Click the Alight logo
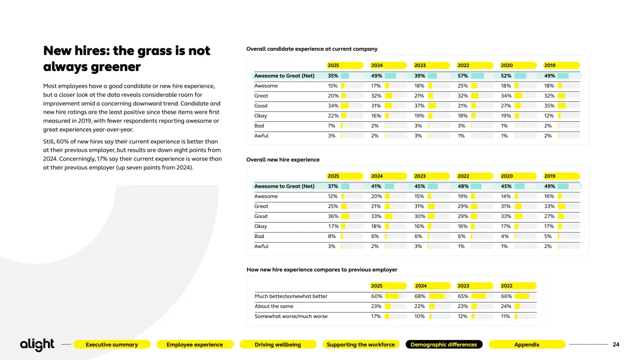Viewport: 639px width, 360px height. click(37, 345)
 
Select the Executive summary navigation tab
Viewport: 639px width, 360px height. click(111, 345)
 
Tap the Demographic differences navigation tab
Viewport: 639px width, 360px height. click(444, 345)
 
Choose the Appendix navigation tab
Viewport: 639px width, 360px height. click(527, 345)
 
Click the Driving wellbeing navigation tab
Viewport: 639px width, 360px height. click(277, 345)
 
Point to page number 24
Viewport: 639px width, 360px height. click(616, 345)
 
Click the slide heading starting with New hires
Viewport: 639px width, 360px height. click(127, 59)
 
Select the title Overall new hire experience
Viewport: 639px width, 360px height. click(283, 160)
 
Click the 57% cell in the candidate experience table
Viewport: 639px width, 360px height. click(463, 76)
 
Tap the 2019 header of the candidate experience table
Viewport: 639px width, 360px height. click(550, 65)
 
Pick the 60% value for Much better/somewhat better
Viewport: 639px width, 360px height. click(377, 296)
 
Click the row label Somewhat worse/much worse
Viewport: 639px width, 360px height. click(291, 316)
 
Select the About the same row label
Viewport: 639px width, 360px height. click(273, 306)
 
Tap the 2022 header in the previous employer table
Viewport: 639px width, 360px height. click(506, 286)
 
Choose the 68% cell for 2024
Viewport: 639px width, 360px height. click(420, 296)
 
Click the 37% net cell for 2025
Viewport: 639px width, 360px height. click(333, 186)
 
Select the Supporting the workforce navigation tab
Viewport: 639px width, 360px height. click(360, 345)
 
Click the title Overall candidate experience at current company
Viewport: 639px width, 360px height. click(312, 49)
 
